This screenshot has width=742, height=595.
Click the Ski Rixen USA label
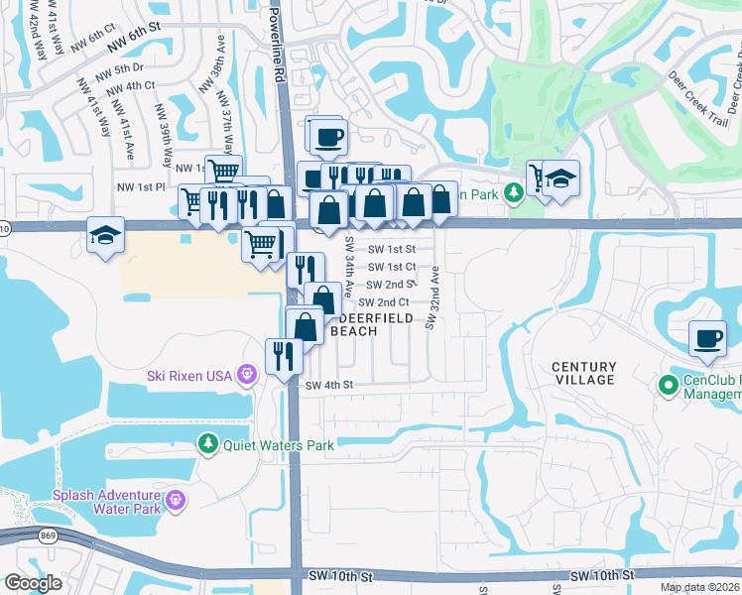[188, 375]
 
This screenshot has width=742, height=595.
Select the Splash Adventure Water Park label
[107, 502]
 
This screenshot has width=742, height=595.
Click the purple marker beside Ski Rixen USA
[247, 374]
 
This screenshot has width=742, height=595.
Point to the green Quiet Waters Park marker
[207, 443]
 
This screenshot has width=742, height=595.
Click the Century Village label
[583, 373]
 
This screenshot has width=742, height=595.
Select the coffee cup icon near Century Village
[708, 339]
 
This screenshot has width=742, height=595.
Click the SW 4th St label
[329, 385]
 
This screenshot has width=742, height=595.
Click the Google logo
[33, 583]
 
